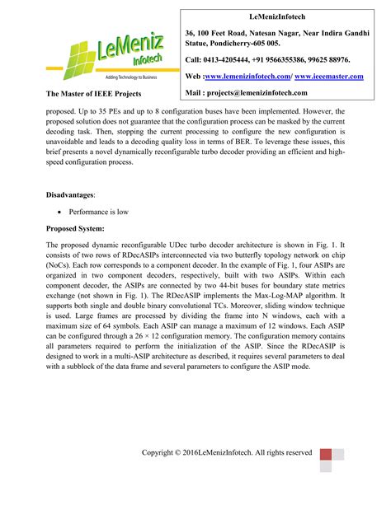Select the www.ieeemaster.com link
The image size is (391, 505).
pos(328,76)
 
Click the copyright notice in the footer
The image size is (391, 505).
pos(227,452)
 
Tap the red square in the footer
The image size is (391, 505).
pos(325,454)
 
